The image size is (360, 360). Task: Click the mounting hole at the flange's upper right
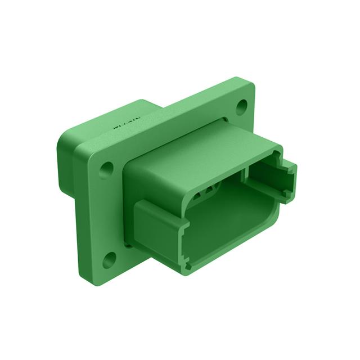tap(242, 105)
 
